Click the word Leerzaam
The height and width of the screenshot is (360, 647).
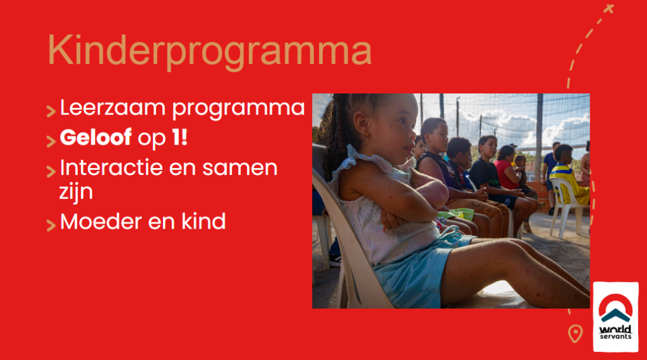coord(113,107)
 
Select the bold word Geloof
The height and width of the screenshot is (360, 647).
coord(96,137)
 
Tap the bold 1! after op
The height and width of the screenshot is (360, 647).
coord(179,137)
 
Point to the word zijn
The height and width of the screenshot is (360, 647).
coord(76,193)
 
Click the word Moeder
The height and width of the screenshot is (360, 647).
coord(101,222)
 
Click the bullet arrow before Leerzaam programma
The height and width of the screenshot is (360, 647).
coord(51,111)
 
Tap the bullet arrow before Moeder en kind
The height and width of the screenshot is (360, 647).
coord(51,225)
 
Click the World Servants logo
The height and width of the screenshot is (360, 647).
coord(615,316)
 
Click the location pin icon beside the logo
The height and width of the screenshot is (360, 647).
coord(575,333)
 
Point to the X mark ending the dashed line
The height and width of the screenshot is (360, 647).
coord(608,9)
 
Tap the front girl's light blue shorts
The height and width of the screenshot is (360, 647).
coord(417,268)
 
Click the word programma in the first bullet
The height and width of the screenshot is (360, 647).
coord(238,109)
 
